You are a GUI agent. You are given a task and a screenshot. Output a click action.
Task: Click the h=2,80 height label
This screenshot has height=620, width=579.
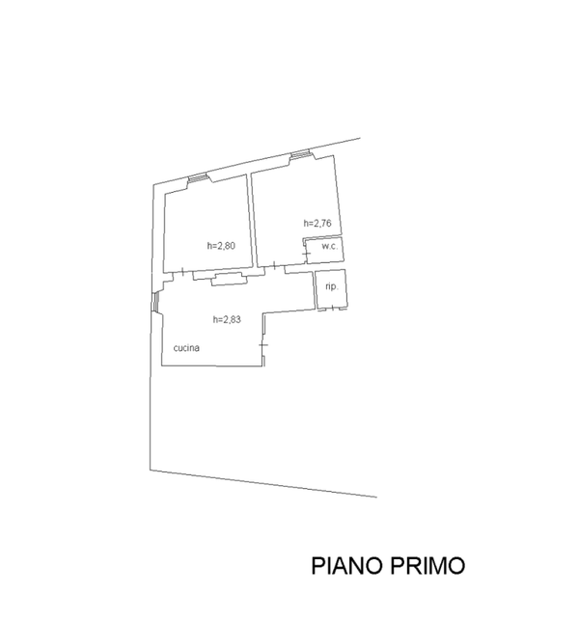221,245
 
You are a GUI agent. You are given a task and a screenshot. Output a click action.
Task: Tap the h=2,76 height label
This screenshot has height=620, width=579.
317,224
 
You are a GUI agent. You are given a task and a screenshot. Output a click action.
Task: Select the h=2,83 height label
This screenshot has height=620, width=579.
227,319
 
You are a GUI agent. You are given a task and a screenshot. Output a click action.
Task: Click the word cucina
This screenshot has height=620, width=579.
186,348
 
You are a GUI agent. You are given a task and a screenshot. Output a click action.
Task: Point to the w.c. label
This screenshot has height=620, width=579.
328,247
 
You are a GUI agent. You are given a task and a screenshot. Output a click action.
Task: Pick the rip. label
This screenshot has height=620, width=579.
331,287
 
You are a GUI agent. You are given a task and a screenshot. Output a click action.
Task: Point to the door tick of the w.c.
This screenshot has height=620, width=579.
307,255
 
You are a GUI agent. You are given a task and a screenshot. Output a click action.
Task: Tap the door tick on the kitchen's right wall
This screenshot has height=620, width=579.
262,344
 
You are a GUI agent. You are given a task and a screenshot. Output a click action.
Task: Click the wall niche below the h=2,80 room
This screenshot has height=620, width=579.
229,279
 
